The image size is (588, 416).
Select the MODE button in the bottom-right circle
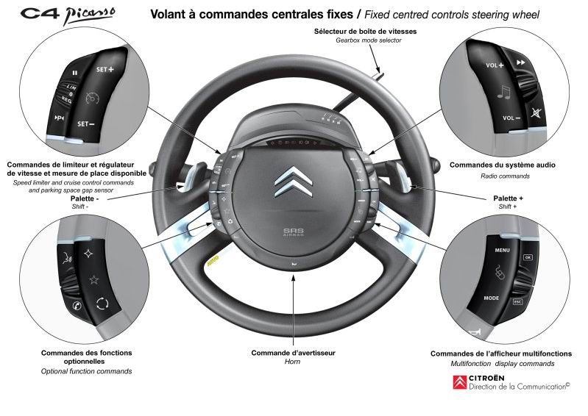pos(491,298)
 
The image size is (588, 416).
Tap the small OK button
pos(527,258)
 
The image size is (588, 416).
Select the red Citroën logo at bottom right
pos(459,382)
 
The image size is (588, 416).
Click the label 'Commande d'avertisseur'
pos(293,353)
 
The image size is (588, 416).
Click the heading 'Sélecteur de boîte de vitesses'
pos(365,32)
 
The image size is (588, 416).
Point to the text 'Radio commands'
pos(503,176)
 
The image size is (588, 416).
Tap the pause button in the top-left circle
pos(74,73)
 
